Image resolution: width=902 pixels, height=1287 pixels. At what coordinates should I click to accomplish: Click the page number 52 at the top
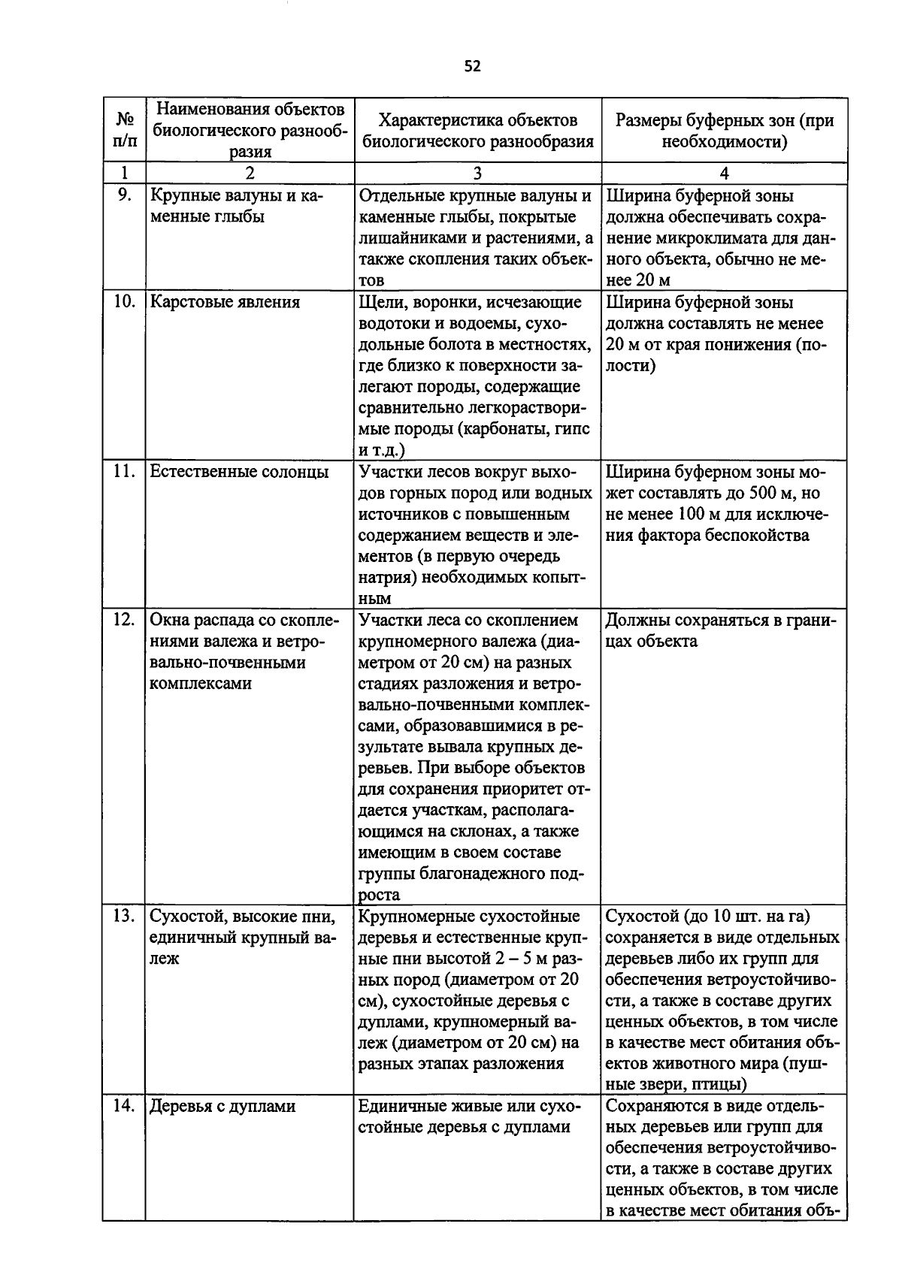point(472,66)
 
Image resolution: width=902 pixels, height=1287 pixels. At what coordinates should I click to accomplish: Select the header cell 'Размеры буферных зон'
point(724,131)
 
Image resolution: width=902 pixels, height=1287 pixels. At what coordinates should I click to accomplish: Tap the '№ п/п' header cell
point(125,131)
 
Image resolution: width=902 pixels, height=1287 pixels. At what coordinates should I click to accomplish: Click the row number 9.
point(125,196)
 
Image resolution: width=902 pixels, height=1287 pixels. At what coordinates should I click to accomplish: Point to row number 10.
point(124,302)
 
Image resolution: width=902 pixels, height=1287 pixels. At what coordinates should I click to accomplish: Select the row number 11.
point(124,472)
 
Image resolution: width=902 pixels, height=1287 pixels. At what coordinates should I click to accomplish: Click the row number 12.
point(124,621)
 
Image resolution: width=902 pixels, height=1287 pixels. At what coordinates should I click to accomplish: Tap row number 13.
point(124,917)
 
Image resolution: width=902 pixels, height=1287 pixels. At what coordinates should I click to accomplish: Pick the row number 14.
point(124,1106)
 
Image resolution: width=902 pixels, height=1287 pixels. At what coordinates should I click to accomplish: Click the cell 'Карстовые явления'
point(225,302)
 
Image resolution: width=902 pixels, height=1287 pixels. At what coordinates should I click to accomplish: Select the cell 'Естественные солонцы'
point(239,472)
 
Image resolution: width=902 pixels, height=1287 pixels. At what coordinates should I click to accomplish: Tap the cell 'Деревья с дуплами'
point(222,1106)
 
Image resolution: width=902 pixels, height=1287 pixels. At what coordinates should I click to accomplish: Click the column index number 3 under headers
point(477,173)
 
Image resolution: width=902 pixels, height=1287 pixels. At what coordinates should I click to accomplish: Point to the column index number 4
point(724,173)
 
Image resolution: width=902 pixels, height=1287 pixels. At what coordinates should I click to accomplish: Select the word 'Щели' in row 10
point(380,302)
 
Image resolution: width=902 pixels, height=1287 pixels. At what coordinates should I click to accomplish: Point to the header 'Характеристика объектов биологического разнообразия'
point(477,131)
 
